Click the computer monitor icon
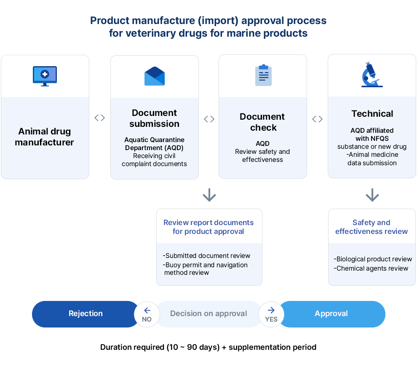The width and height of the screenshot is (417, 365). pyautogui.click(x=45, y=76)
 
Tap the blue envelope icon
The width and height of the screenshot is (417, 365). pyautogui.click(x=155, y=76)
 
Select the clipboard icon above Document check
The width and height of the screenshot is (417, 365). pyautogui.click(x=263, y=75)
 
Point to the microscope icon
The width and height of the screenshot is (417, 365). pyautogui.click(x=372, y=75)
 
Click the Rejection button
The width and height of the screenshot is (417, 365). pyautogui.click(x=86, y=314)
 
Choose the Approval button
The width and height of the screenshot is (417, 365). pyautogui.click(x=331, y=314)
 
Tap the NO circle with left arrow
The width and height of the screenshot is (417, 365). pyautogui.click(x=147, y=314)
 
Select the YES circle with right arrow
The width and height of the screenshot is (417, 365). pyautogui.click(x=271, y=314)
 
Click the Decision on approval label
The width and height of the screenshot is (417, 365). pyautogui.click(x=208, y=314)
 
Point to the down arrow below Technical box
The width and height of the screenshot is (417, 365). pyautogui.click(x=372, y=195)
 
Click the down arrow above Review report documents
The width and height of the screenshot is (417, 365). pyautogui.click(x=209, y=195)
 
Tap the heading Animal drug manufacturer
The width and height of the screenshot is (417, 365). pyautogui.click(x=44, y=137)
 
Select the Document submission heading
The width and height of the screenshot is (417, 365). pyautogui.click(x=154, y=118)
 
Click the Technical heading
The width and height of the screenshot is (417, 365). pyautogui.click(x=372, y=114)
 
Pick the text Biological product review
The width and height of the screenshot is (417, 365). pyautogui.click(x=373, y=259)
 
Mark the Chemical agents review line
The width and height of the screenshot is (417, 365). pyautogui.click(x=371, y=268)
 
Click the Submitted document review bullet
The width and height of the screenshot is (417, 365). pyautogui.click(x=206, y=256)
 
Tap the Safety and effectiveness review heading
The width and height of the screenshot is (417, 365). pyautogui.click(x=372, y=227)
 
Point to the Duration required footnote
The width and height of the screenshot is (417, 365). pyautogui.click(x=208, y=347)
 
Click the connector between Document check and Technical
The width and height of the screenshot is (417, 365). pyautogui.click(x=317, y=119)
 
